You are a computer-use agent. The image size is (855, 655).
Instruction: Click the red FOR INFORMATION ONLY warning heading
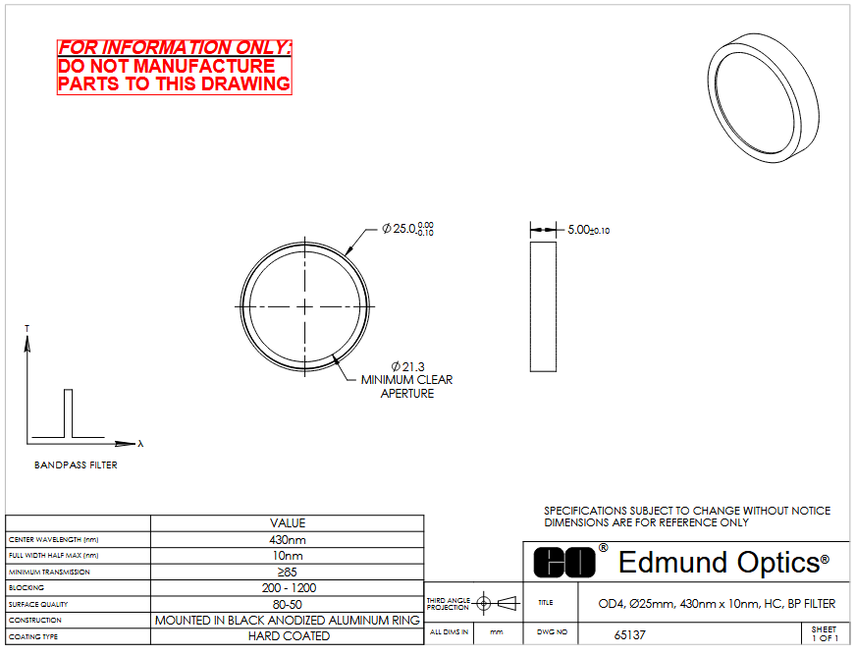pos(174,47)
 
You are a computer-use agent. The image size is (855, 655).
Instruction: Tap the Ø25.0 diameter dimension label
pos(408,229)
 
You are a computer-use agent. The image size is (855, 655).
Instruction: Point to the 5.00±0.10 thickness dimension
pos(588,230)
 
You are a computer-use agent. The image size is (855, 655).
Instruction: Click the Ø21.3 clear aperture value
pos(408,366)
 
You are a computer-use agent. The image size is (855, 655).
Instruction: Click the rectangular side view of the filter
pos(543,307)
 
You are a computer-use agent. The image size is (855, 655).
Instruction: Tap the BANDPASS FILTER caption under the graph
pos(76,465)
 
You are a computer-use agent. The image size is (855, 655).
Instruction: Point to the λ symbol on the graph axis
pos(140,444)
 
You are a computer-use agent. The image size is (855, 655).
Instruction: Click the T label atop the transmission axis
pos(27,328)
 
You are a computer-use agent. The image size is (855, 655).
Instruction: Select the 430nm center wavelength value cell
pos(288,540)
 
